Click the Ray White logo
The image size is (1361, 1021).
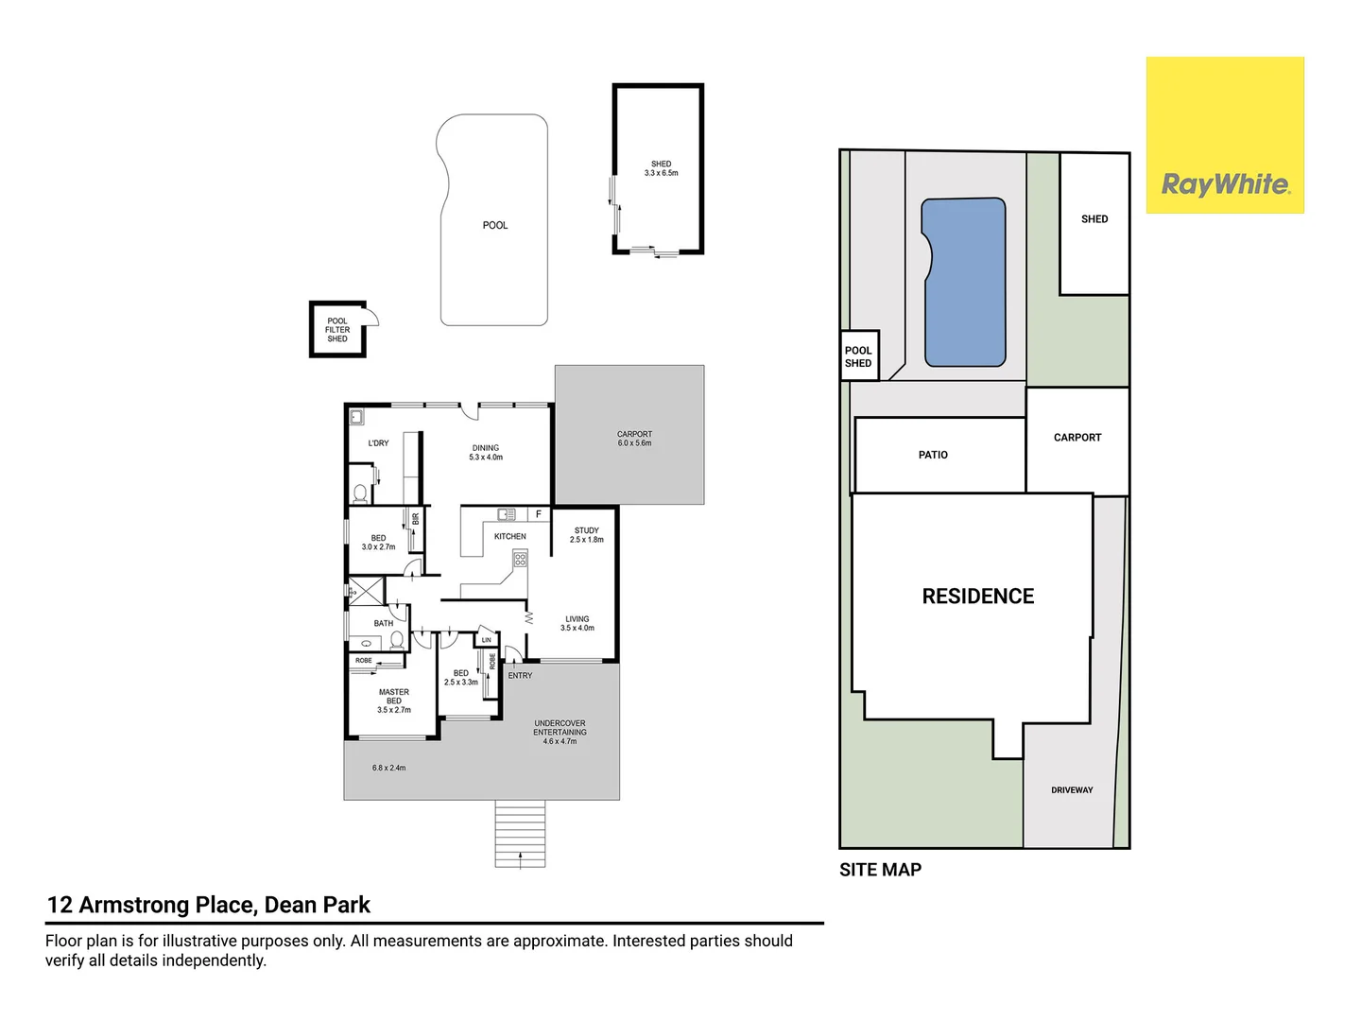(x=1224, y=135)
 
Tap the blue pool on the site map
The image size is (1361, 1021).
(x=963, y=282)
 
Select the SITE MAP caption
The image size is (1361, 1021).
(x=880, y=870)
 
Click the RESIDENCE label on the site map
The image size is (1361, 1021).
(x=978, y=596)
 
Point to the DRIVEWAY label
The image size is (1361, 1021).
(x=1072, y=789)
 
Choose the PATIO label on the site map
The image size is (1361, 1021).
(x=933, y=455)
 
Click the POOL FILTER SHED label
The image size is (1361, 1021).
(x=337, y=330)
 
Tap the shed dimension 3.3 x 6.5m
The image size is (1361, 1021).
(x=661, y=173)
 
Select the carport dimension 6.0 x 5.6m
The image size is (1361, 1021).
(x=634, y=442)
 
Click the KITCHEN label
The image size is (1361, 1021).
(x=509, y=536)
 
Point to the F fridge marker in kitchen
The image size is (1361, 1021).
(x=538, y=514)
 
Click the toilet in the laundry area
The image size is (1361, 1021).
(x=360, y=493)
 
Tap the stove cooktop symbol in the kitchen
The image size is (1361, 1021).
(x=520, y=560)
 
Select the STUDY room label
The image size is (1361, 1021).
(x=587, y=530)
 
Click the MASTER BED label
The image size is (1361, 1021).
(x=394, y=696)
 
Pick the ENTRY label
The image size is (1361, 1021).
(x=520, y=675)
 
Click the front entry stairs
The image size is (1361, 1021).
(x=520, y=833)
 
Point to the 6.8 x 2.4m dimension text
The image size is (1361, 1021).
(x=388, y=768)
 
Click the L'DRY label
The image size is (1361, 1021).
(x=378, y=442)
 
